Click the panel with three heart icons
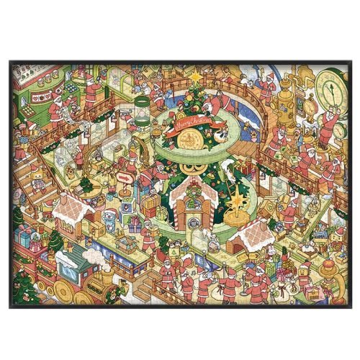coord(37,96)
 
